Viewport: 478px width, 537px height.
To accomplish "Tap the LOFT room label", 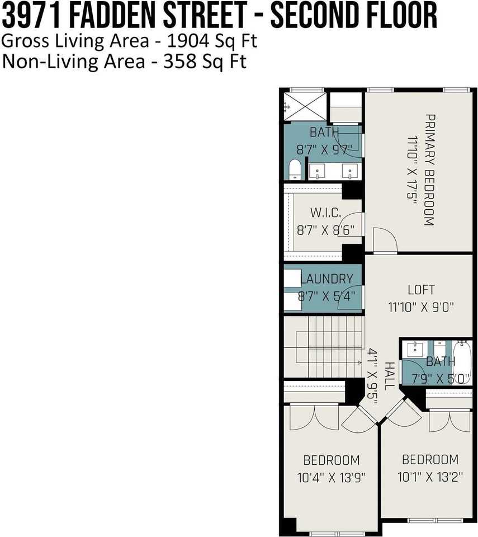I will tap(420, 290).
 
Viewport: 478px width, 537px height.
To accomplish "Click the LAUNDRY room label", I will tap(327, 279).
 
